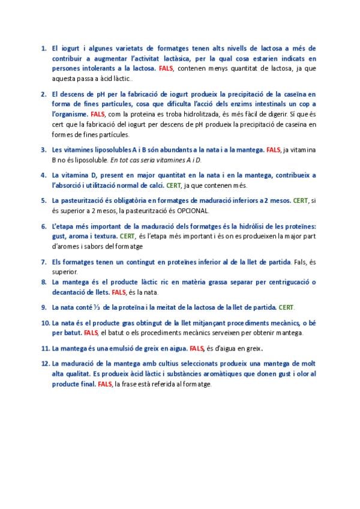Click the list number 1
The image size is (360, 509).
[44, 47]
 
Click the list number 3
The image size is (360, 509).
[44, 149]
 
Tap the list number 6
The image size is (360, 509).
[44, 226]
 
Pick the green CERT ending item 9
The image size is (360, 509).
[286, 307]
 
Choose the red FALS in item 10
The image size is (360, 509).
[91, 333]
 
